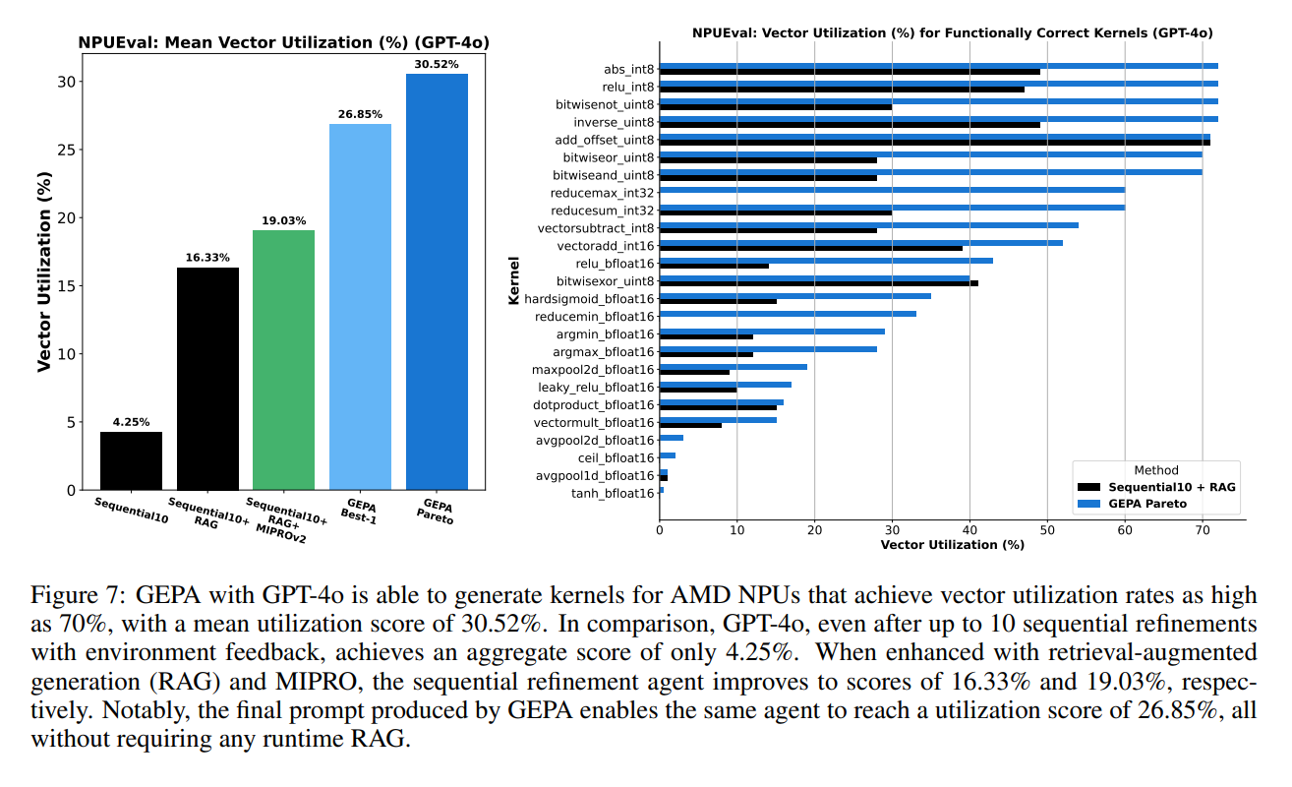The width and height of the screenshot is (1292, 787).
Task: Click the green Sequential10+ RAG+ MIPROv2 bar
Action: (283, 359)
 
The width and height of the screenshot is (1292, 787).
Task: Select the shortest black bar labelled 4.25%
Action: (131, 460)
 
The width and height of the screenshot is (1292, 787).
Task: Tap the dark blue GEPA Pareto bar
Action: (437, 281)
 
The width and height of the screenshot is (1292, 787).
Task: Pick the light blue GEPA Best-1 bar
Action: (360, 307)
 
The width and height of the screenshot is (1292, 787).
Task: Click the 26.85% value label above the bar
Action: (360, 114)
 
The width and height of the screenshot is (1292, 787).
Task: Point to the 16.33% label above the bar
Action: (207, 258)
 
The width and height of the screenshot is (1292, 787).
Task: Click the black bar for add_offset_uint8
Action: (934, 143)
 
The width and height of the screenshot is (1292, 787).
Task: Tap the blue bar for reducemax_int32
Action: (892, 189)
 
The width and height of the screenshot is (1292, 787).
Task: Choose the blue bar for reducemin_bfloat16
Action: (788, 314)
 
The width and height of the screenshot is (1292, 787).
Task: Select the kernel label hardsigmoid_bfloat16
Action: (589, 299)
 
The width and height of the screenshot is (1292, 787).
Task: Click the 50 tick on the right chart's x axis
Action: (1047, 529)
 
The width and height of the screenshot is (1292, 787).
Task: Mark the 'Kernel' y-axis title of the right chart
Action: (513, 281)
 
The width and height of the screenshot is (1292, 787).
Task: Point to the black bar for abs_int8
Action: (850, 72)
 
